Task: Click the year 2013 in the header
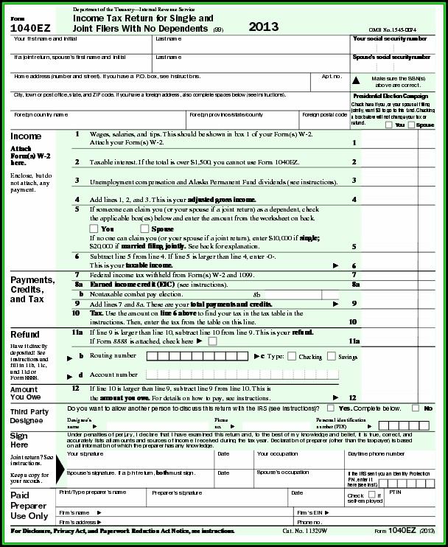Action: coord(264,27)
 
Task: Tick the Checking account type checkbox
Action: coord(292,356)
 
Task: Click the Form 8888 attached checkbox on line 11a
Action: coord(212,341)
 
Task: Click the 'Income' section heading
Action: coord(26,136)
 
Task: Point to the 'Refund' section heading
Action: coord(25,334)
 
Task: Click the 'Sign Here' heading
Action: coord(19,440)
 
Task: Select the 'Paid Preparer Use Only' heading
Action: coord(30,506)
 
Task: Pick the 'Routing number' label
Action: coord(112,356)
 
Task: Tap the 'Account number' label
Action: coord(113,374)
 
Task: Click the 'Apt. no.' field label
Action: coord(332,76)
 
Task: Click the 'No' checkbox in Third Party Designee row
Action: coord(416,408)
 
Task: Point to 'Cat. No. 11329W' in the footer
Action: coord(305,531)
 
